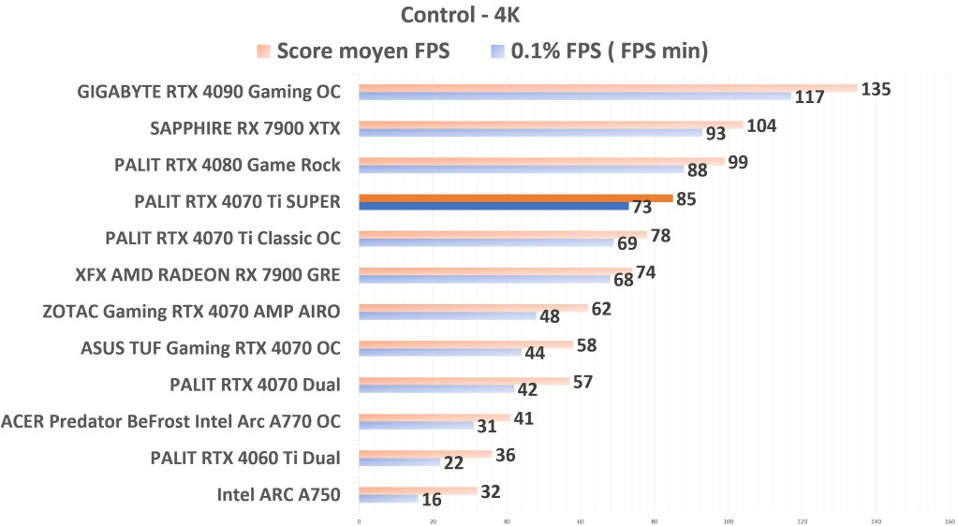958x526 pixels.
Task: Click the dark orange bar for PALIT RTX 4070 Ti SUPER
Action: click(515, 197)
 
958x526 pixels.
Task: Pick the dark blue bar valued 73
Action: click(494, 206)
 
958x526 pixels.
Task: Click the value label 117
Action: click(809, 97)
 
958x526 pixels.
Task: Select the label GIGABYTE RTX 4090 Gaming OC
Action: click(209, 92)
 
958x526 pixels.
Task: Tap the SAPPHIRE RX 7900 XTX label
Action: click(244, 128)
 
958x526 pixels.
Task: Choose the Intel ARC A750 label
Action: click(278, 494)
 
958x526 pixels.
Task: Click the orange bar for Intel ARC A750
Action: click(418, 490)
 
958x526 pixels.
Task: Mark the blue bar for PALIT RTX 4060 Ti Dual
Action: click(399, 462)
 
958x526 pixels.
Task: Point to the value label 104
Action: click(761, 125)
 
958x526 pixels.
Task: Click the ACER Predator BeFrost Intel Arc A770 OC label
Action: click(170, 421)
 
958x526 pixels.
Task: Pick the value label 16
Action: click(432, 500)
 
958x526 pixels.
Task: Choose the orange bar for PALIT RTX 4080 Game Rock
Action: click(541, 161)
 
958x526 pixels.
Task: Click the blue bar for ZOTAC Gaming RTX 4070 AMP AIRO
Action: click(448, 315)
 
